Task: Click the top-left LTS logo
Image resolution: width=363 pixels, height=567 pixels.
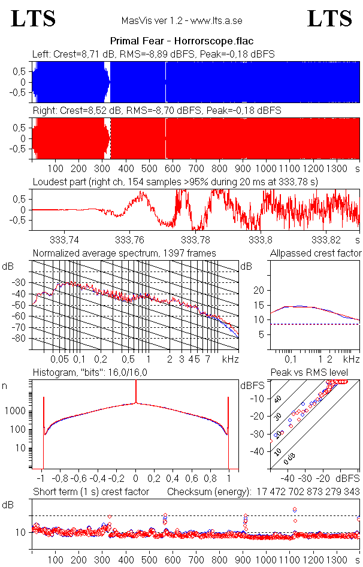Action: [34, 19]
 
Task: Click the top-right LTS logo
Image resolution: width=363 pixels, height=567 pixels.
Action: [329, 19]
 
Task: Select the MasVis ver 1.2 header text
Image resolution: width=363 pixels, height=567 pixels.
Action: [181, 21]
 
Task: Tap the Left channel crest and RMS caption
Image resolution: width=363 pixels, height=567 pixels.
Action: [153, 54]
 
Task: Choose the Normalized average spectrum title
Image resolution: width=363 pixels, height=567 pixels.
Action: [125, 253]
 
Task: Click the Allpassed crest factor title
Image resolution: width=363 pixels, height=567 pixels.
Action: [316, 253]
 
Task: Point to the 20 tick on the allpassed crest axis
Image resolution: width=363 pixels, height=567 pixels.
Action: [259, 290]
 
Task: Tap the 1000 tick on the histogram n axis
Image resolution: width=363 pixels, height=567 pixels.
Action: [17, 411]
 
